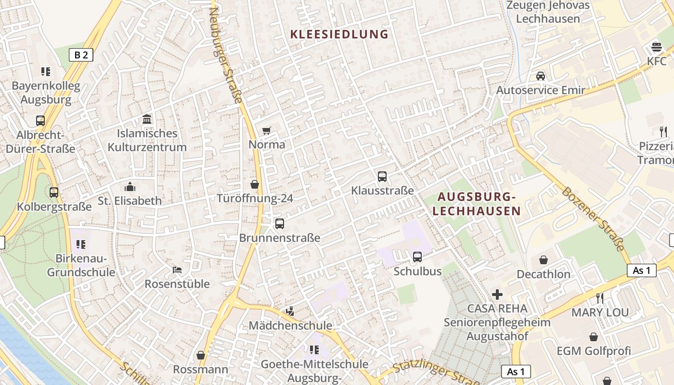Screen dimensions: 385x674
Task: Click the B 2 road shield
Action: point(81,55)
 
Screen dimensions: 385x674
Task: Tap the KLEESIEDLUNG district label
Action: point(339,34)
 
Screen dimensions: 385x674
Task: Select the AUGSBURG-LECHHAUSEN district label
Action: point(476,204)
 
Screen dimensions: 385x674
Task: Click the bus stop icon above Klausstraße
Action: point(382,177)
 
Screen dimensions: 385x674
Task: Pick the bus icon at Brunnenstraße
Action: point(280,224)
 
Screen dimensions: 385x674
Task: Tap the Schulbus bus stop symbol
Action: point(417,257)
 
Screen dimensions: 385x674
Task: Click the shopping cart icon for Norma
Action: point(267,130)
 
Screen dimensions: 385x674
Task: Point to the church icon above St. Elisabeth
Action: point(130,187)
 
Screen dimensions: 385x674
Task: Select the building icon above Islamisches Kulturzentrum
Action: point(147,119)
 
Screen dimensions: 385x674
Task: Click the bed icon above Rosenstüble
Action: point(177,270)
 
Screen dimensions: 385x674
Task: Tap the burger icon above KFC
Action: point(657,47)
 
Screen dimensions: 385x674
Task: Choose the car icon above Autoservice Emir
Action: point(541,76)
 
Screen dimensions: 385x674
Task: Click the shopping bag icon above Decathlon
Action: point(544,260)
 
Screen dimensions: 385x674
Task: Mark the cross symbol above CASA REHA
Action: point(497,294)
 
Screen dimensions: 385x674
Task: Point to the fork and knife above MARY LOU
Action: point(600,298)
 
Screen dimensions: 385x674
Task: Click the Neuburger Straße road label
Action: point(225,55)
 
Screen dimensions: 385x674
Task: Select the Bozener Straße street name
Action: point(593,219)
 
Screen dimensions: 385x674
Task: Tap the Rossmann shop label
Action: point(201,369)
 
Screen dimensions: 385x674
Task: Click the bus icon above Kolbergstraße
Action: point(54,192)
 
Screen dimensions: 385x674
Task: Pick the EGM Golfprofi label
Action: point(594,351)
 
